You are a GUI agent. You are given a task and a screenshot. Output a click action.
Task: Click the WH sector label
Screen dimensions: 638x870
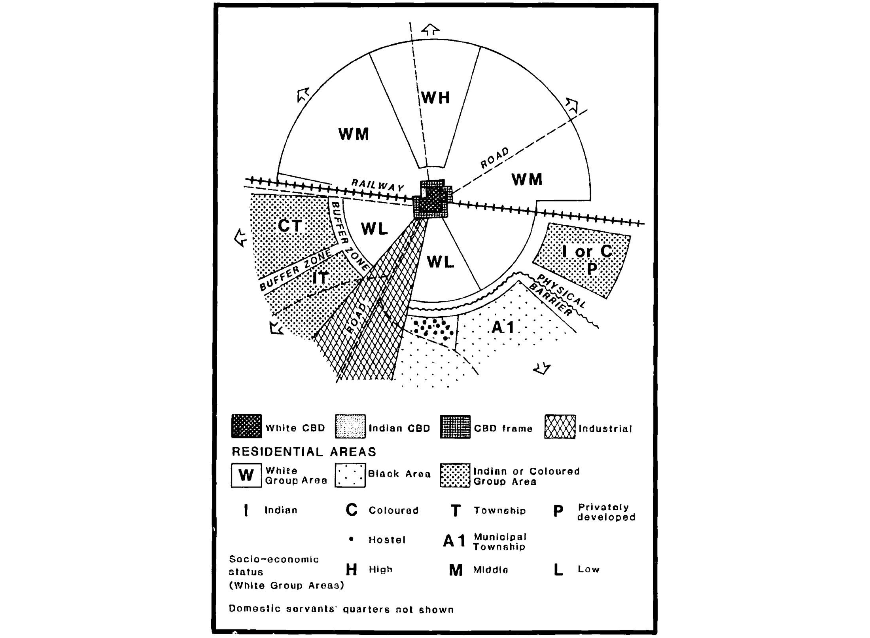pos(435,97)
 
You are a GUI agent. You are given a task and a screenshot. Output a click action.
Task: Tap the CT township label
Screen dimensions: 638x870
pos(290,226)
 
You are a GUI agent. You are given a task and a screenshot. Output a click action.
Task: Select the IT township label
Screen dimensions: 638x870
pos(320,278)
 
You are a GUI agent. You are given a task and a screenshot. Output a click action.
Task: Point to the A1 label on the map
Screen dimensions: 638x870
pos(503,327)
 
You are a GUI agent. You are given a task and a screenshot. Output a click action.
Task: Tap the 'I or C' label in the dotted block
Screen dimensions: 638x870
pos(587,251)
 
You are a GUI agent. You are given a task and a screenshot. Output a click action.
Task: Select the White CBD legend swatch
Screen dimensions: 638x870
pos(246,426)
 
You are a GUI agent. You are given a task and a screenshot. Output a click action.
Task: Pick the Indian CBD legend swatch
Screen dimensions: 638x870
pos(350,426)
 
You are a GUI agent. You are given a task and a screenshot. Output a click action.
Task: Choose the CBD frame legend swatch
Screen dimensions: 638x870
pos(455,427)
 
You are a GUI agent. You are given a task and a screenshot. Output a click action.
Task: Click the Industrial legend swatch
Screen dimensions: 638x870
pos(560,427)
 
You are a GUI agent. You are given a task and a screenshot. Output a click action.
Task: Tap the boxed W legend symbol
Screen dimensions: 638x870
pos(246,475)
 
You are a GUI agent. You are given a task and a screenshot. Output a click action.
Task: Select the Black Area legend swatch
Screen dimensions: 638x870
pos(350,475)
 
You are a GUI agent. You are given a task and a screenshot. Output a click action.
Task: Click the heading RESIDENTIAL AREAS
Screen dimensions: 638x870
pos(304,452)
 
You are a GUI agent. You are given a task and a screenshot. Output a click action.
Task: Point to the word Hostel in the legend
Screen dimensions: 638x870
pos(387,540)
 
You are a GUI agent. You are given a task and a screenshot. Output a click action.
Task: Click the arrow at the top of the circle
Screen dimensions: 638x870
pos(430,30)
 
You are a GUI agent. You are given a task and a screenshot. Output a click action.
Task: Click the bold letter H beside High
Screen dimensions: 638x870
pos(351,570)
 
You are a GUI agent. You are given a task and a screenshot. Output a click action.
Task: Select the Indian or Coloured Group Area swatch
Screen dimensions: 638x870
pos(455,475)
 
